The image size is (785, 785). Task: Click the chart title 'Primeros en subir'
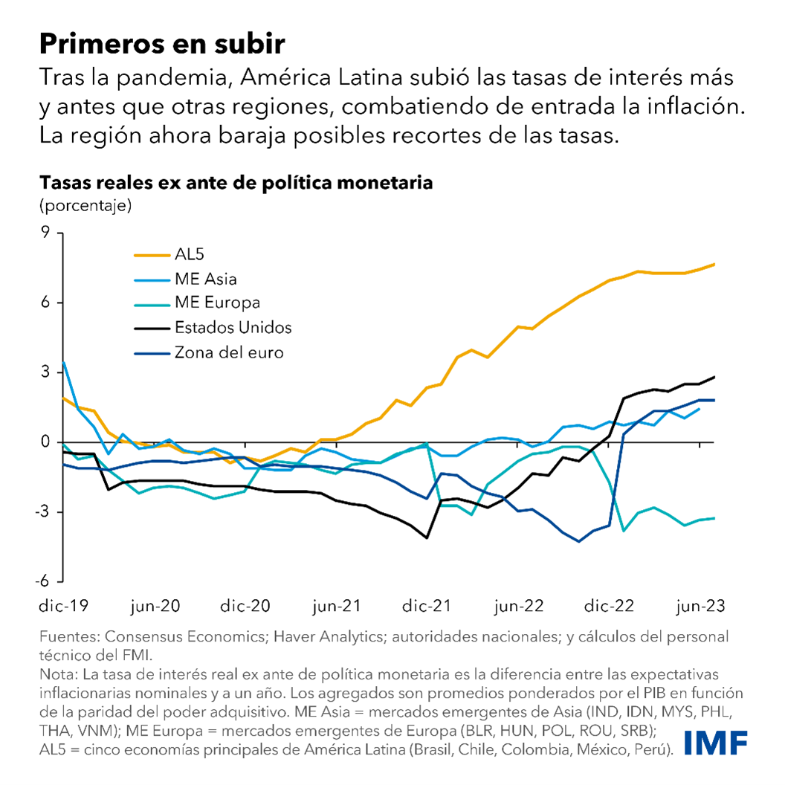coord(161,44)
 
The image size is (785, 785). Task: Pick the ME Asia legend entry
coord(206,280)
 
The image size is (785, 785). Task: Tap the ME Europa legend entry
coord(217,303)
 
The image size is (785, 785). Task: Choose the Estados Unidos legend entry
coord(233,328)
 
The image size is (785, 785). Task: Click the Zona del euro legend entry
coord(228,352)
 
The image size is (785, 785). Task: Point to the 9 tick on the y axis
coord(45,233)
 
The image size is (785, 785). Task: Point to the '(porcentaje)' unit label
coord(85,204)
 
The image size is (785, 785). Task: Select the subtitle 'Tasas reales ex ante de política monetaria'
coord(236,182)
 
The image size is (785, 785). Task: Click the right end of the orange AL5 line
coord(714,265)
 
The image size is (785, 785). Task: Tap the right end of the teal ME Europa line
coord(714,518)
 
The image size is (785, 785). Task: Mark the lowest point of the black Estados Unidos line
coord(427,537)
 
